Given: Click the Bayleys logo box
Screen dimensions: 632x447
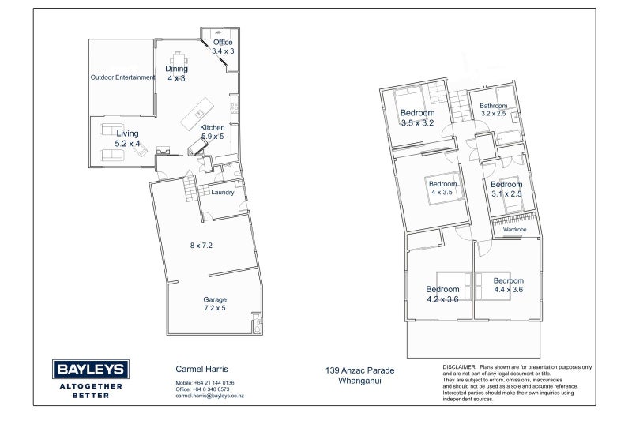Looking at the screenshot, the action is click(91, 369).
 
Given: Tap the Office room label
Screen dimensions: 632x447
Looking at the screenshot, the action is click(223, 43).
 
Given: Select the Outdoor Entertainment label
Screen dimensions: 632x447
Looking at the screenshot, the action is click(122, 77).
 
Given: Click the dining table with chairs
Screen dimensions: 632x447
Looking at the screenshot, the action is click(179, 61).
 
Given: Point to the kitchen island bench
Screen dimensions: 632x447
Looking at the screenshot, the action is click(197, 114).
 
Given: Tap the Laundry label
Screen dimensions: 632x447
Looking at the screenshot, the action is click(223, 193).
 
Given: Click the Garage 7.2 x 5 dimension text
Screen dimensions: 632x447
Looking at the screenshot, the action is click(215, 308).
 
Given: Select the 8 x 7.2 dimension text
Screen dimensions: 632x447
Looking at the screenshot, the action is click(201, 245).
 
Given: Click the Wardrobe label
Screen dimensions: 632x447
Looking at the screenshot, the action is click(515, 229).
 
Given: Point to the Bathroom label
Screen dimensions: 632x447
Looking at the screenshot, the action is click(493, 106).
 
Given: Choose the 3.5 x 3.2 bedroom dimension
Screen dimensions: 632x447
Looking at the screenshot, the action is click(418, 123).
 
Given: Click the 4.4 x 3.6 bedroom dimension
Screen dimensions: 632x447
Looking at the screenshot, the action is click(509, 289).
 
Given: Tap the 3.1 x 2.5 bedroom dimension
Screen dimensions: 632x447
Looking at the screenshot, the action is click(506, 193).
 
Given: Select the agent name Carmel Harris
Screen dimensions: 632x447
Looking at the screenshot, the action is click(201, 369).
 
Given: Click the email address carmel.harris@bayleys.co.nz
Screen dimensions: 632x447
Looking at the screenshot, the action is click(209, 396).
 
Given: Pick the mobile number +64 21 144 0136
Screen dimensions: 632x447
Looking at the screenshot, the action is click(214, 383).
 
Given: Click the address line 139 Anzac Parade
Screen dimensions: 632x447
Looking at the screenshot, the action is click(360, 370).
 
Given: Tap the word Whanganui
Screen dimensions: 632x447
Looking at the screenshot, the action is click(359, 381).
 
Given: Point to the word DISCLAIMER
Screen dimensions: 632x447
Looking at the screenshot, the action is click(460, 367).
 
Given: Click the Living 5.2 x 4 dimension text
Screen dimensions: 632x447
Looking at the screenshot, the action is click(127, 144).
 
